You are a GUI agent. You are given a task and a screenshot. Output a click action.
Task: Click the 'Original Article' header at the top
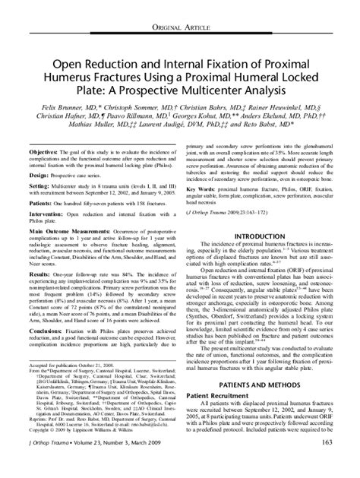pyautogui.click(x=180, y=8)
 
